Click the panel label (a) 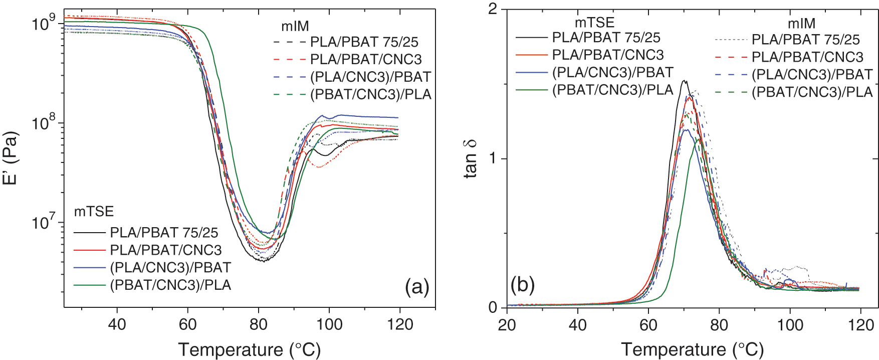pos(417,287)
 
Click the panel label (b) pos(523,285)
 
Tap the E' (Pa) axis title pos(11,158)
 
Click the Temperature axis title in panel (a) pos(249,349)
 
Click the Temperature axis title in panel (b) pos(692,349)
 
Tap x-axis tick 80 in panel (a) pos(259,324)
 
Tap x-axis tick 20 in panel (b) pos(507,325)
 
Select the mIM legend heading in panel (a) pos(295,26)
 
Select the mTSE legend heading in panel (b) pos(594,23)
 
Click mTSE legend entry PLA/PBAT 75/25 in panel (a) pos(164,233)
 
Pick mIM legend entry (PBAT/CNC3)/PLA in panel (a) pos(370,94)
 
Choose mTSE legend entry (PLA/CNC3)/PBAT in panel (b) pos(612,73)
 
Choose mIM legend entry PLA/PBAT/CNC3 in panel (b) pos(807,57)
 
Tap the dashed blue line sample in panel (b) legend pos(731,75)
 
